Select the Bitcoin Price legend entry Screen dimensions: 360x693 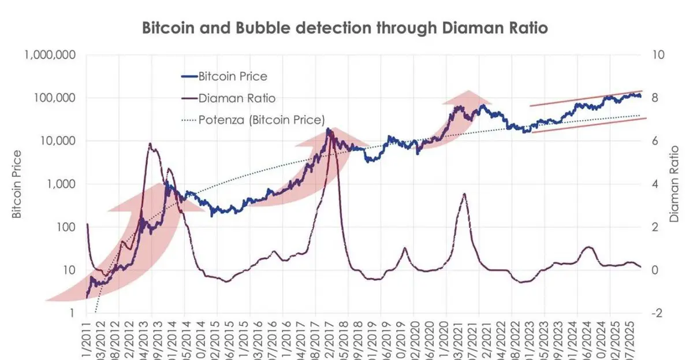pyautogui.click(x=232, y=76)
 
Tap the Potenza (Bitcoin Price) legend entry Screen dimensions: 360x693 pyautogui.click(x=261, y=120)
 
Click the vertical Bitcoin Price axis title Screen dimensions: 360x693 pyautogui.click(x=17, y=184)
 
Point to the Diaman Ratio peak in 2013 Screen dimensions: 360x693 pyautogui.click(x=150, y=144)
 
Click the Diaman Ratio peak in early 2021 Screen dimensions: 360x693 pyautogui.click(x=464, y=194)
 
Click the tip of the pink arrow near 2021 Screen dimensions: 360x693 pyautogui.click(x=468, y=91)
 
